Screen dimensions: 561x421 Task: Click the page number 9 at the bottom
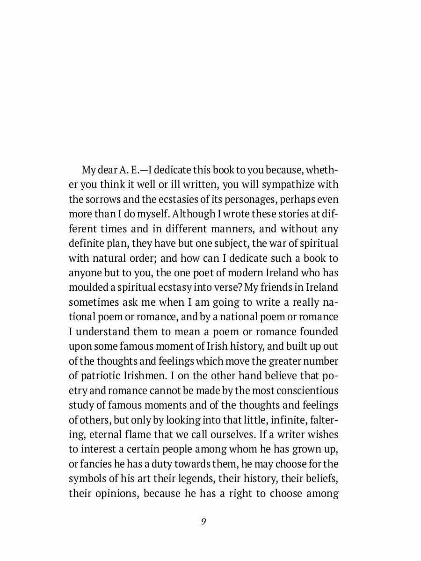coord(203,522)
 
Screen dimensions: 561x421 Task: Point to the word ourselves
coord(231,434)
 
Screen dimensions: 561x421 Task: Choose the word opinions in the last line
coord(112,493)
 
